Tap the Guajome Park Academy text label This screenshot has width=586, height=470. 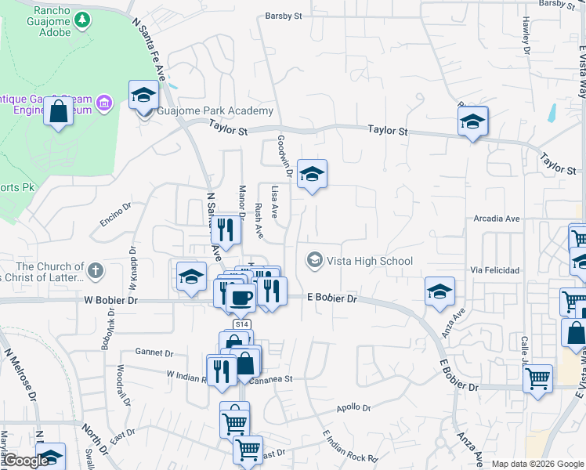215,111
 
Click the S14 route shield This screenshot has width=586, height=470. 242,324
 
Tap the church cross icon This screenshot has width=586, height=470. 96,271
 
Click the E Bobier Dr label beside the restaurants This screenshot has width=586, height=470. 332,298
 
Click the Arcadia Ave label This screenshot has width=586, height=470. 497,219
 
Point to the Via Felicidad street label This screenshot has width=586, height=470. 495,270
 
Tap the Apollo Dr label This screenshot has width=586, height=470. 353,408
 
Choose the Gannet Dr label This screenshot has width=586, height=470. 153,352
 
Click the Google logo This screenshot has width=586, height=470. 25,461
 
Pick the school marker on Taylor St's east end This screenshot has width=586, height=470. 473,122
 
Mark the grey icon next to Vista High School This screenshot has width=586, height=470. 315,259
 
